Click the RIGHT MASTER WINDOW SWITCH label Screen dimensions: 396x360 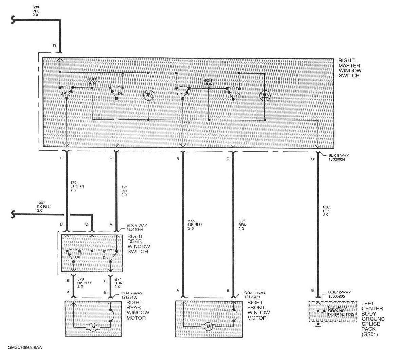[350, 68]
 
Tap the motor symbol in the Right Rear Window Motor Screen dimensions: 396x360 [93, 327]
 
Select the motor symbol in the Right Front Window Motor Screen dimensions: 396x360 [208, 327]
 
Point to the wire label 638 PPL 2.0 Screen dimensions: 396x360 [36, 11]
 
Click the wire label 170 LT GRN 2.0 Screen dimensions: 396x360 [77, 186]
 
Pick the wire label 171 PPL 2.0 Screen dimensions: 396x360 [125, 191]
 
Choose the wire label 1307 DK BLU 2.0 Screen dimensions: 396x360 [44, 206]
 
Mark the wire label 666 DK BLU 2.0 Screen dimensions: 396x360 [195, 224]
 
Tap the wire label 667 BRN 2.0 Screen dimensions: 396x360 [242, 224]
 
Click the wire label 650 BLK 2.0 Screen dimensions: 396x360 [327, 211]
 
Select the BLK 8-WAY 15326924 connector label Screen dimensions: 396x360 [339, 157]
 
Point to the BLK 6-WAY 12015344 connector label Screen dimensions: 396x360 [137, 227]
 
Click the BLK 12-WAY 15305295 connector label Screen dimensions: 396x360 [340, 294]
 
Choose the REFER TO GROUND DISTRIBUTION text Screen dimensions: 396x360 [341, 311]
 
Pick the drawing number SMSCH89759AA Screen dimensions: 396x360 [25, 348]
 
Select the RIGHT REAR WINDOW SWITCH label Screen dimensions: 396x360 [139, 244]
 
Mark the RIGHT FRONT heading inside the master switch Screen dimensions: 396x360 [208, 82]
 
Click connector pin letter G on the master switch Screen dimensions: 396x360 [312, 159]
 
